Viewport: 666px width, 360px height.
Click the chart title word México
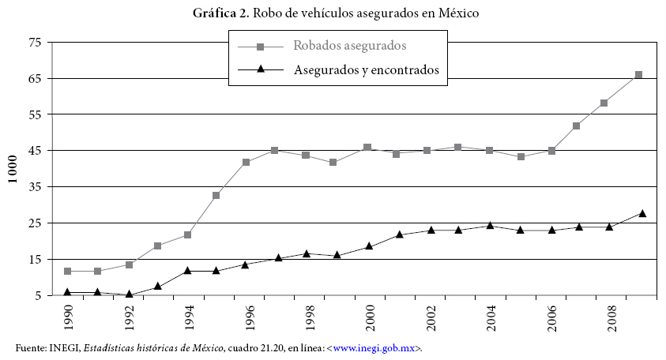[457, 13]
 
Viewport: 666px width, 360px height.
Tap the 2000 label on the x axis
[368, 321]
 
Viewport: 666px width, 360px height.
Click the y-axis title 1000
[13, 168]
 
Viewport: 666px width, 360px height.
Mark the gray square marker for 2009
[639, 75]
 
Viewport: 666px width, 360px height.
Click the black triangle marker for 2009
[642, 213]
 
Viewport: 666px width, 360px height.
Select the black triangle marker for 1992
[128, 294]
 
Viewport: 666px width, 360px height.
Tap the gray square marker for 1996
[246, 162]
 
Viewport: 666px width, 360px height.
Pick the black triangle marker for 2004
[490, 225]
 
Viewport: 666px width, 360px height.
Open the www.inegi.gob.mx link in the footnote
[375, 347]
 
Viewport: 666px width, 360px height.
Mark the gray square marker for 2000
[367, 148]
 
